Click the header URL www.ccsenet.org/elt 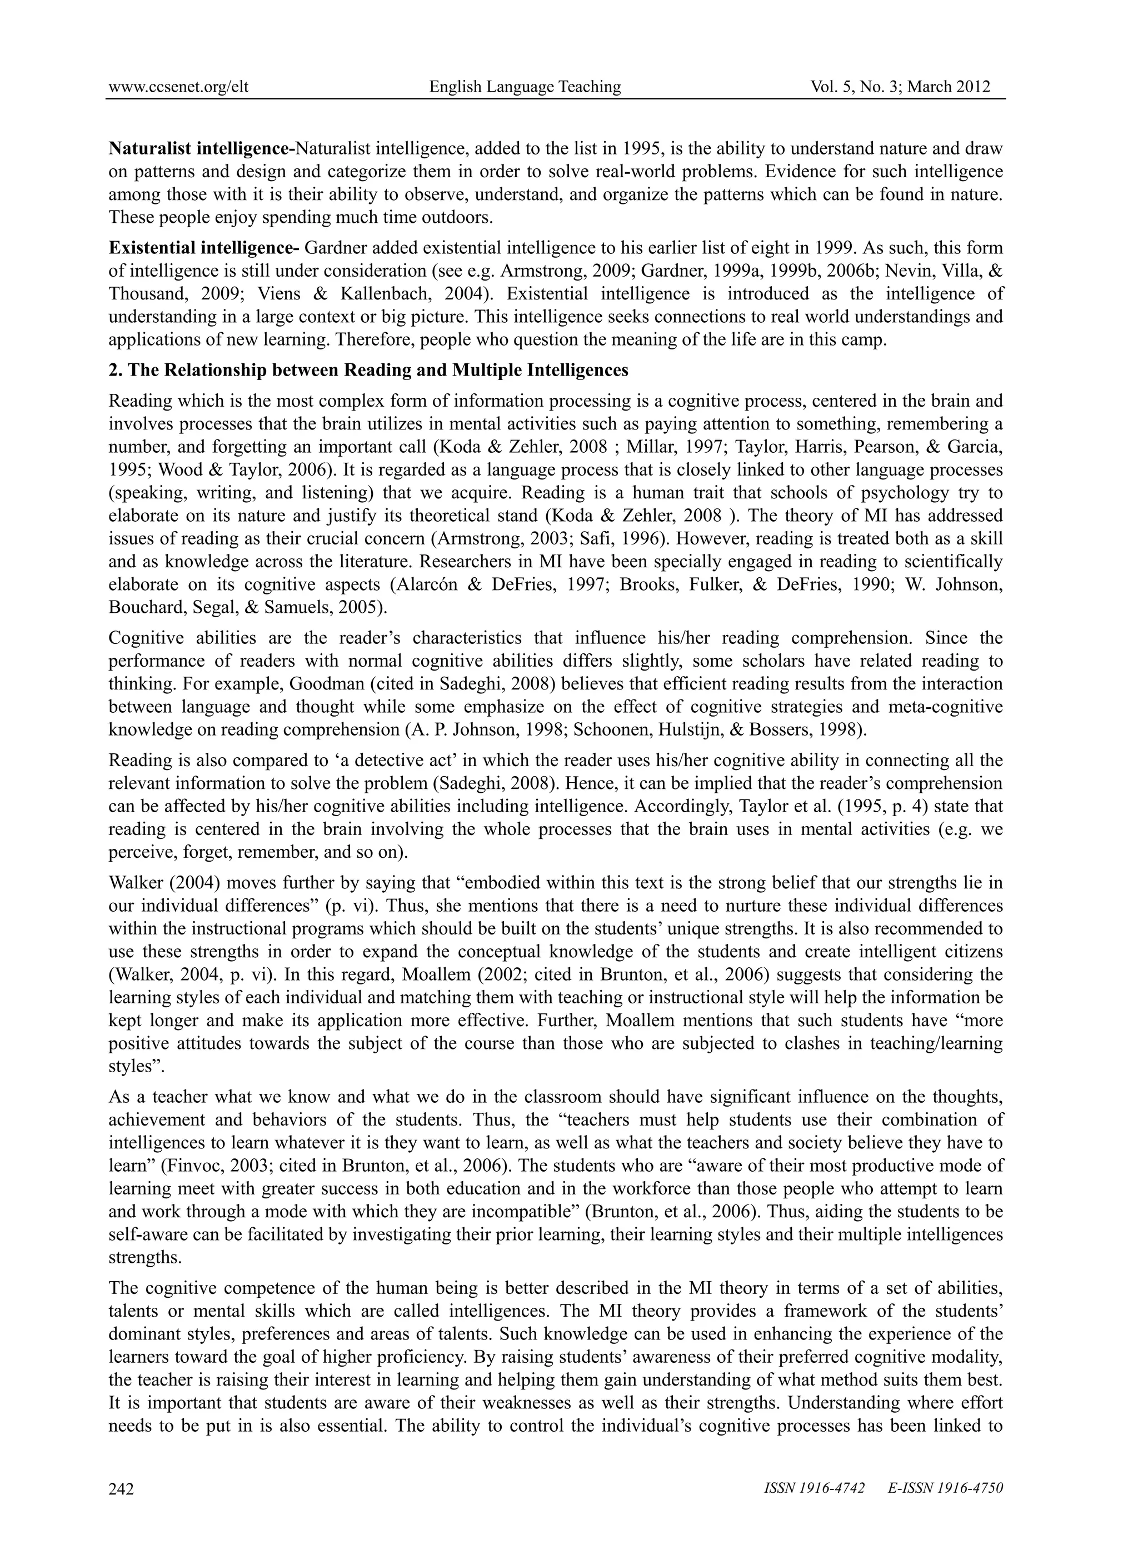(178, 87)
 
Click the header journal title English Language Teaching (525, 87)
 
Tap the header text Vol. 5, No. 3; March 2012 (900, 87)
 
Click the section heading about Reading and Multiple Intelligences (368, 371)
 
